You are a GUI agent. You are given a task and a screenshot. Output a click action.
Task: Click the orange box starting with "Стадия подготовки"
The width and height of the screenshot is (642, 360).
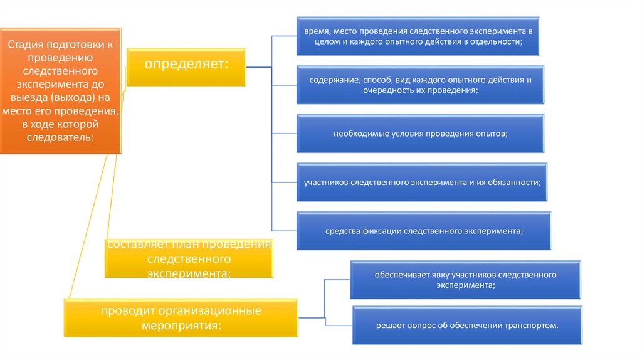(x=60, y=90)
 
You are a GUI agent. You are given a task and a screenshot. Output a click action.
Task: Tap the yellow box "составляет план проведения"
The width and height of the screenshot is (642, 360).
(x=189, y=258)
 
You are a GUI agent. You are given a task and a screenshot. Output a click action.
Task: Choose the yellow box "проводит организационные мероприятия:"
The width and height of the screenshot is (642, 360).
(x=182, y=319)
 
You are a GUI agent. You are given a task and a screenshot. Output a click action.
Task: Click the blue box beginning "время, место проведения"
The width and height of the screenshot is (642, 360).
(x=418, y=35)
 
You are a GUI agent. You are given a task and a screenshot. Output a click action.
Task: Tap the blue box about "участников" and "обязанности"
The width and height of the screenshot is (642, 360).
(x=422, y=182)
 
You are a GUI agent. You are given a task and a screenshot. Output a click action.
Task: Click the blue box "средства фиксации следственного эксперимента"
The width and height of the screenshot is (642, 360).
(x=424, y=231)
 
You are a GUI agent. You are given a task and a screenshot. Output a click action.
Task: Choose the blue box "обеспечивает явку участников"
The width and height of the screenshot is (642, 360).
(x=466, y=280)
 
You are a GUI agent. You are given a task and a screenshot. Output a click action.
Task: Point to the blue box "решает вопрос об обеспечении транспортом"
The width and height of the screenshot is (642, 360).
(x=467, y=326)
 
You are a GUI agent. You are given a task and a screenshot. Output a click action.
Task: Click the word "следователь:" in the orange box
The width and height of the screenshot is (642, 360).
(x=60, y=137)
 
